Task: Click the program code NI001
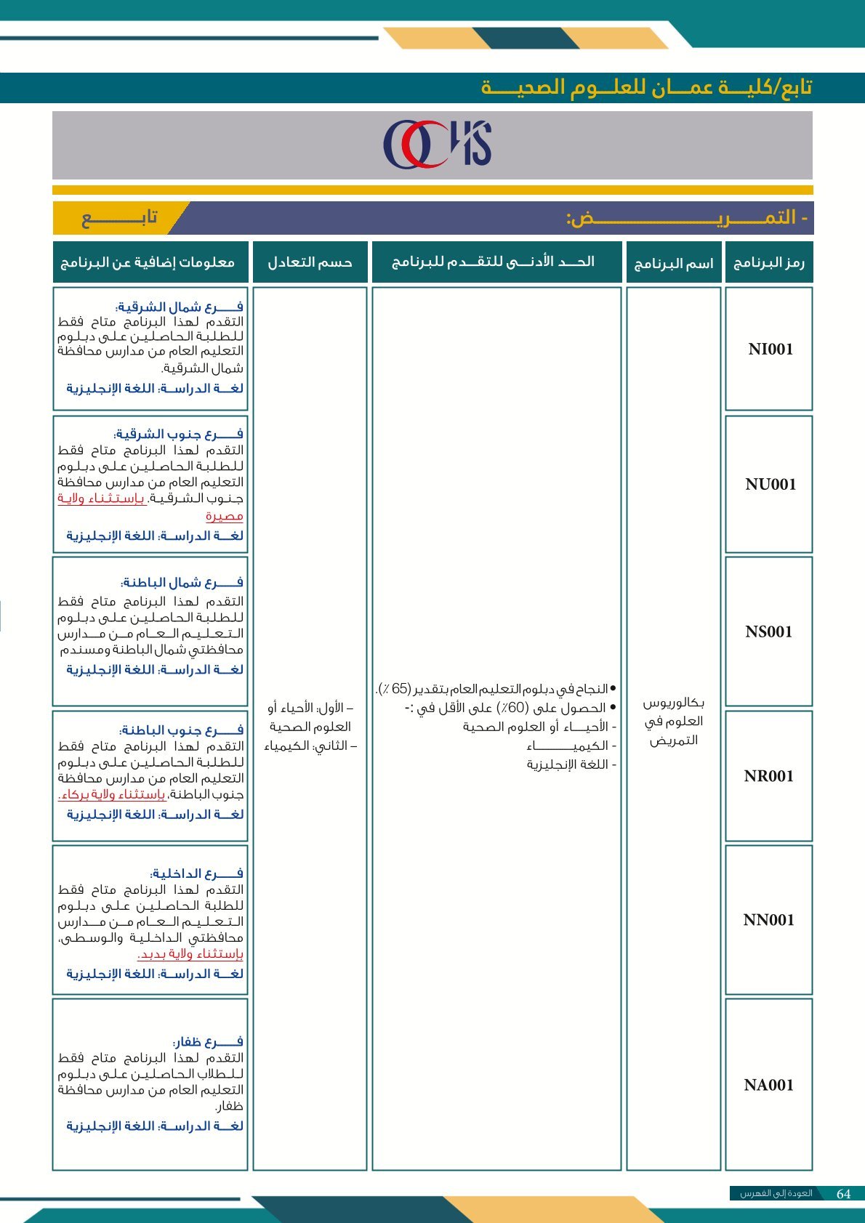click(x=770, y=350)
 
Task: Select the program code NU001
click(x=770, y=485)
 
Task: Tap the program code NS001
click(x=768, y=632)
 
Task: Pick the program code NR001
click(x=768, y=776)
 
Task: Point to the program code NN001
click(x=768, y=921)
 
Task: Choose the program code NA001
click(x=768, y=1086)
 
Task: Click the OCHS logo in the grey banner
click(x=437, y=145)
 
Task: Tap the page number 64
click(x=843, y=1194)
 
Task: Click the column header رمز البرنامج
click(x=768, y=262)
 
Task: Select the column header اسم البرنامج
click(x=673, y=263)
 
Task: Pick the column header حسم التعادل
click(x=310, y=262)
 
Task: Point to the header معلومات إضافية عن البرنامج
click(x=148, y=262)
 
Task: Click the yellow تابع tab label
click(x=120, y=218)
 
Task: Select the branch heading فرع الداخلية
click(x=196, y=873)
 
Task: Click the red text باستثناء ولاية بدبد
click(x=190, y=954)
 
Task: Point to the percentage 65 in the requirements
click(x=400, y=688)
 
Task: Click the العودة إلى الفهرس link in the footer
click(x=776, y=1194)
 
